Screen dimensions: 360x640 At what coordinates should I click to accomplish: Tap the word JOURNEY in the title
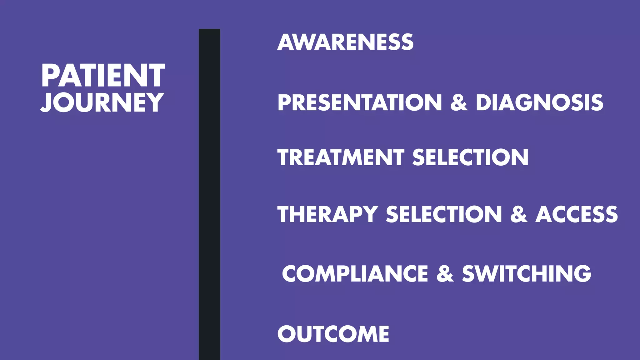(102, 102)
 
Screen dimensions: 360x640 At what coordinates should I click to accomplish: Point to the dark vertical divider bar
(209, 194)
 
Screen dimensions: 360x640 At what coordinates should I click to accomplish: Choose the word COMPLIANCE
(355, 273)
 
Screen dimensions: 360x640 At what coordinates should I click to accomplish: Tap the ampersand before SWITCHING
(445, 273)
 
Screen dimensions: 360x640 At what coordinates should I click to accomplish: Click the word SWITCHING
(527, 273)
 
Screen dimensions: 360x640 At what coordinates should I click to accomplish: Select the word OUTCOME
(333, 334)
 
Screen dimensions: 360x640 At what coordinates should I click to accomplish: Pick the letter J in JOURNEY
(47, 102)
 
